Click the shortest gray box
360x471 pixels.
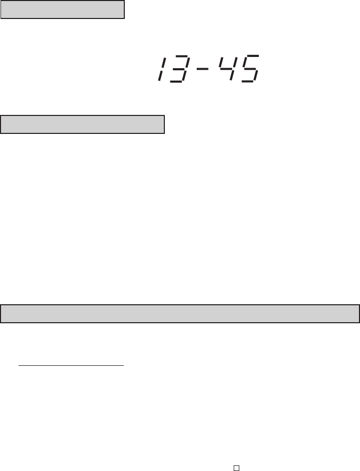(x=63, y=10)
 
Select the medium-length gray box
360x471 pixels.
(x=82, y=124)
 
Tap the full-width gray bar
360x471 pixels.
(x=180, y=313)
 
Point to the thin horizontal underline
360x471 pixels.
(x=71, y=366)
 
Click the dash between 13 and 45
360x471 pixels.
(x=202, y=69)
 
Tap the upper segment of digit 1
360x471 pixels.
(x=163, y=63)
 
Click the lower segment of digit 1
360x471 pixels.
(x=160, y=76)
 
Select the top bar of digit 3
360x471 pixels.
(x=182, y=56)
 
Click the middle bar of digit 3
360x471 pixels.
(x=179, y=69)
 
